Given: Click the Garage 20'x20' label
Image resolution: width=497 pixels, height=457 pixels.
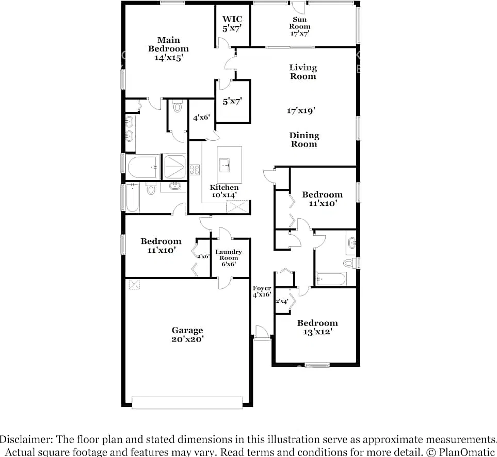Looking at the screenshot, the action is [x=187, y=335].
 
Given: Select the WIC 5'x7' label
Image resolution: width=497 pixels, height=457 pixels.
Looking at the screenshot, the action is [x=232, y=24].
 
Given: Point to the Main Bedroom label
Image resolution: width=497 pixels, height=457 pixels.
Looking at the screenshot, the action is [x=168, y=49].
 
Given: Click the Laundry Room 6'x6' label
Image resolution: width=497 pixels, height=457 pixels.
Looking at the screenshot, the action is [x=229, y=258].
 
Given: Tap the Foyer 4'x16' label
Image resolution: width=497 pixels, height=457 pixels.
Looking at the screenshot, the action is [x=262, y=291].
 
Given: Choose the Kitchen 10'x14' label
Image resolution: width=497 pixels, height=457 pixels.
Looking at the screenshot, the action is [x=224, y=191].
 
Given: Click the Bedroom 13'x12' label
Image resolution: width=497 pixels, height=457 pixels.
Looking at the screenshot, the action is [x=317, y=328].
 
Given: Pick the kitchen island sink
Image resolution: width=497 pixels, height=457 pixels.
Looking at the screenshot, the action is [x=225, y=165].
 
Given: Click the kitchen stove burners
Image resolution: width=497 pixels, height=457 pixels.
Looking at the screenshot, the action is [x=195, y=170].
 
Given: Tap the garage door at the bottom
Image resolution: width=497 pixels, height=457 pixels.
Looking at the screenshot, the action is [x=187, y=402].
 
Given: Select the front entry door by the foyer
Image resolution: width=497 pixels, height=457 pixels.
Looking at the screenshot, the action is [x=262, y=333].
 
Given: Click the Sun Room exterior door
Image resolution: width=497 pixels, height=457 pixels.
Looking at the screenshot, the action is [x=298, y=7].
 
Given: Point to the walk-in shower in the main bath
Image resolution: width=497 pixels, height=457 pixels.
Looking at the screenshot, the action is [x=174, y=166].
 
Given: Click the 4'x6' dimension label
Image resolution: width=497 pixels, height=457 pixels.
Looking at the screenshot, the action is [x=202, y=118].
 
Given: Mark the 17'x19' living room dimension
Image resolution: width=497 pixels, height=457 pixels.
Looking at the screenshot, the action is [x=301, y=110].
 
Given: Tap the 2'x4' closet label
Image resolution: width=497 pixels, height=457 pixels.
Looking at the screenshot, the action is [x=282, y=301].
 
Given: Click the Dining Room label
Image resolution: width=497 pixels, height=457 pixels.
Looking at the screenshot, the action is [x=304, y=140].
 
